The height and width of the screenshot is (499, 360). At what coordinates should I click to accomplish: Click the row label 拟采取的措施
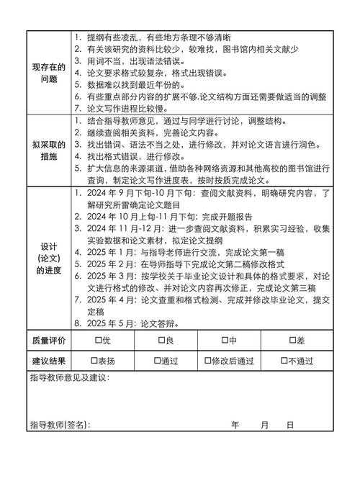[x=49, y=150]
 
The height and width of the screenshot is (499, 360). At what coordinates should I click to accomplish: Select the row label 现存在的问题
[x=49, y=73]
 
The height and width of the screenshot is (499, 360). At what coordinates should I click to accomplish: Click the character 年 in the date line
[x=235, y=425]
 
